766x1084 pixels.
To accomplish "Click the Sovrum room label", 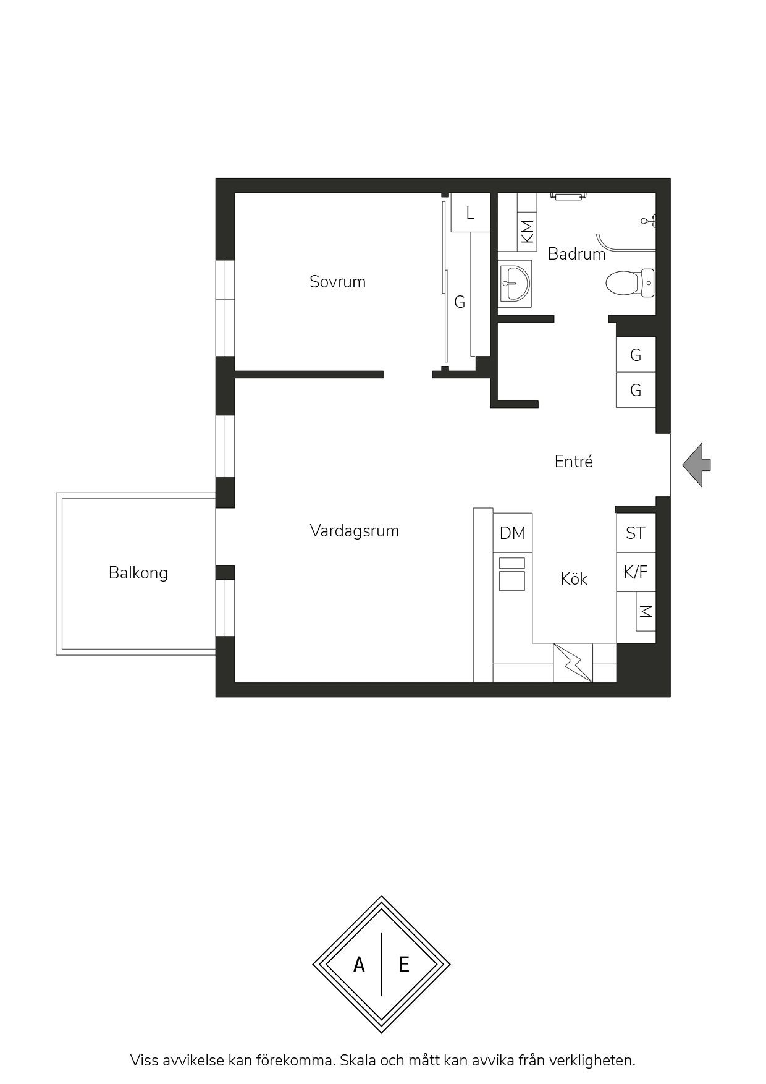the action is point(337,282).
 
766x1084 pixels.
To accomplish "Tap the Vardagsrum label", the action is point(355,531).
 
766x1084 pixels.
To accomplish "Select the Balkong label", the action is point(138,573).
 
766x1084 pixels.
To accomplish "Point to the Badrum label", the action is point(576,254).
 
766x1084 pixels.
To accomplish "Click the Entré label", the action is point(574,462).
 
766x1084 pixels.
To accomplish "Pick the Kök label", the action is point(574,579).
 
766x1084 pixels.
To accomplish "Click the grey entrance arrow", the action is point(697,465).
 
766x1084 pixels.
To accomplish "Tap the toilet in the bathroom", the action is point(630,283).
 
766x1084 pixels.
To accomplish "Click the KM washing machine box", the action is point(526,231).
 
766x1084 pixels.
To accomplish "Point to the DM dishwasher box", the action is point(513,533).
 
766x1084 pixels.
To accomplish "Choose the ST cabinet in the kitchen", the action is point(636,533).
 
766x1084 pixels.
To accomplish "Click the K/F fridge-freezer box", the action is point(636,572).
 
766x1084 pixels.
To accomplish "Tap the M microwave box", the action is point(646,611).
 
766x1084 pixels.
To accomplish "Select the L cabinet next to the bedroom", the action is point(470,213).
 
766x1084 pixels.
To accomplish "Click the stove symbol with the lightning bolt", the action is point(573,663).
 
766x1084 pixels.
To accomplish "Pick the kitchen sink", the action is point(512,574).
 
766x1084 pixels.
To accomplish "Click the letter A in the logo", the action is point(359,964).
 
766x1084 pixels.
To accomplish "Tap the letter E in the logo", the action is point(404,964).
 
